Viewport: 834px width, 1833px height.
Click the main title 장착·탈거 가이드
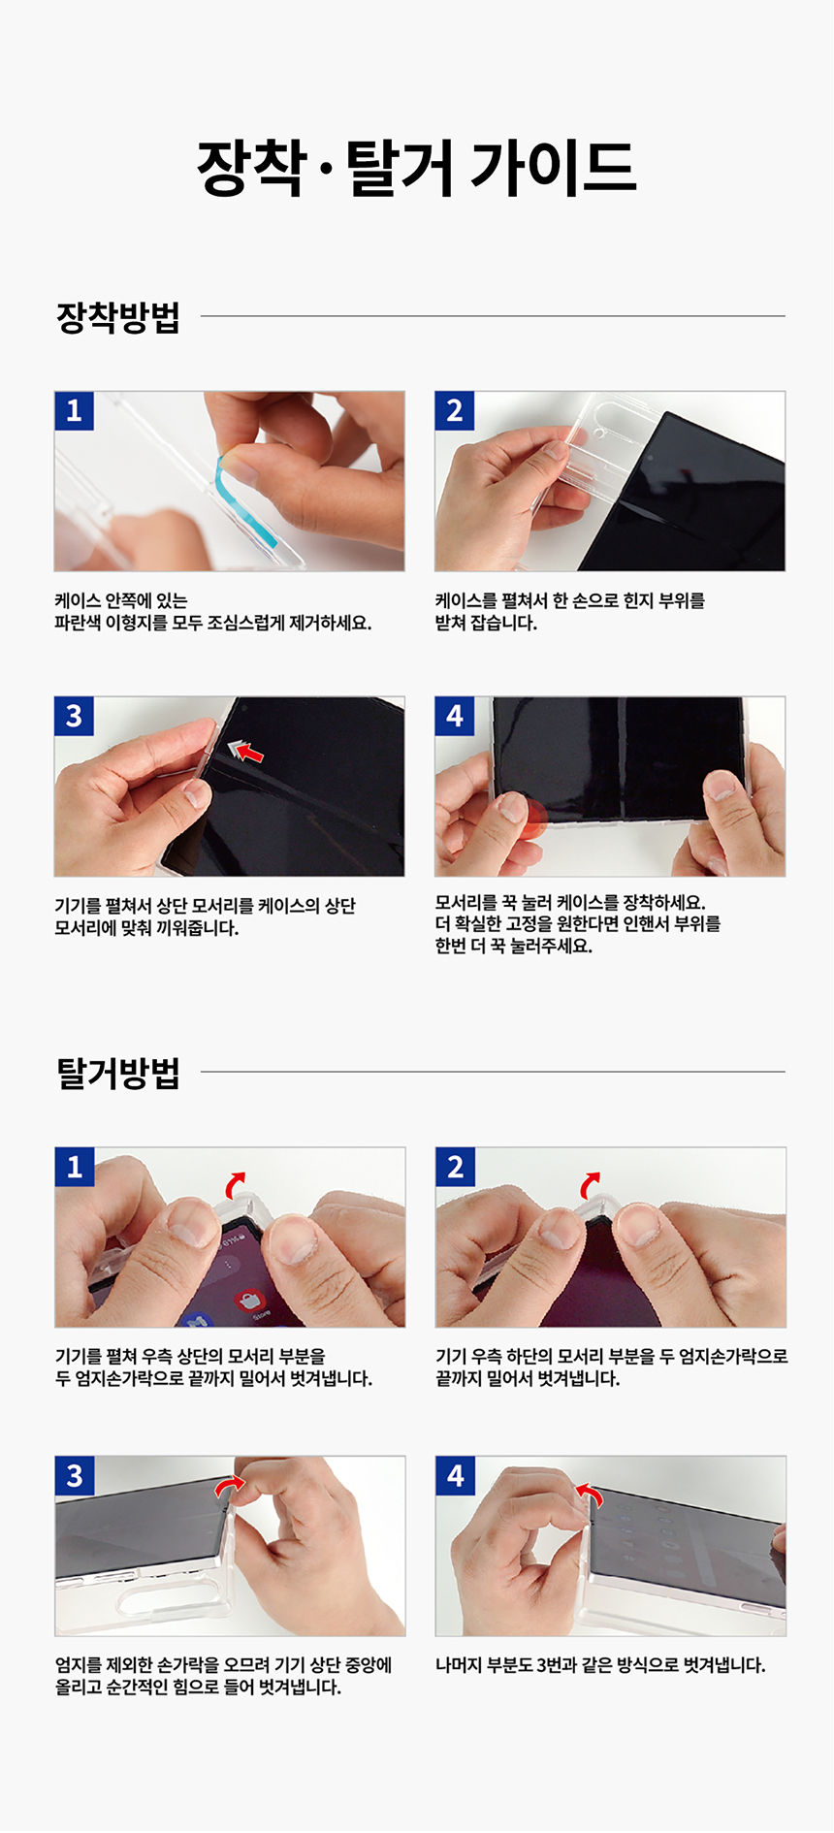[x=417, y=168]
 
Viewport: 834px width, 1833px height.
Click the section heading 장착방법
[x=118, y=317]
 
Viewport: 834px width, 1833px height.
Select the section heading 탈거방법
[x=118, y=1074]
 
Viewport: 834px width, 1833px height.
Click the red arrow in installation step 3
[x=246, y=750]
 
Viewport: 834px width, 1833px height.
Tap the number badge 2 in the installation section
[x=455, y=411]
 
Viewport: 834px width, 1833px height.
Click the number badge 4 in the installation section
[x=455, y=716]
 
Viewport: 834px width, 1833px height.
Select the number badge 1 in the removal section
[x=75, y=1167]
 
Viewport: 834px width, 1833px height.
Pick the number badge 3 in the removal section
[x=75, y=1475]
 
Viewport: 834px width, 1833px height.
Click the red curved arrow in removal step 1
[x=235, y=1184]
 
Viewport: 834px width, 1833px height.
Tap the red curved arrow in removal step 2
[x=590, y=1184]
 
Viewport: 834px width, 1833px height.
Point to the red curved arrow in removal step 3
[x=230, y=1486]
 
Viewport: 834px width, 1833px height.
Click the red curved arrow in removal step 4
[x=590, y=1495]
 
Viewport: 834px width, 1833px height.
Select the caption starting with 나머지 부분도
[x=600, y=1665]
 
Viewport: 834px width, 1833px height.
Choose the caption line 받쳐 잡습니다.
[x=486, y=623]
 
